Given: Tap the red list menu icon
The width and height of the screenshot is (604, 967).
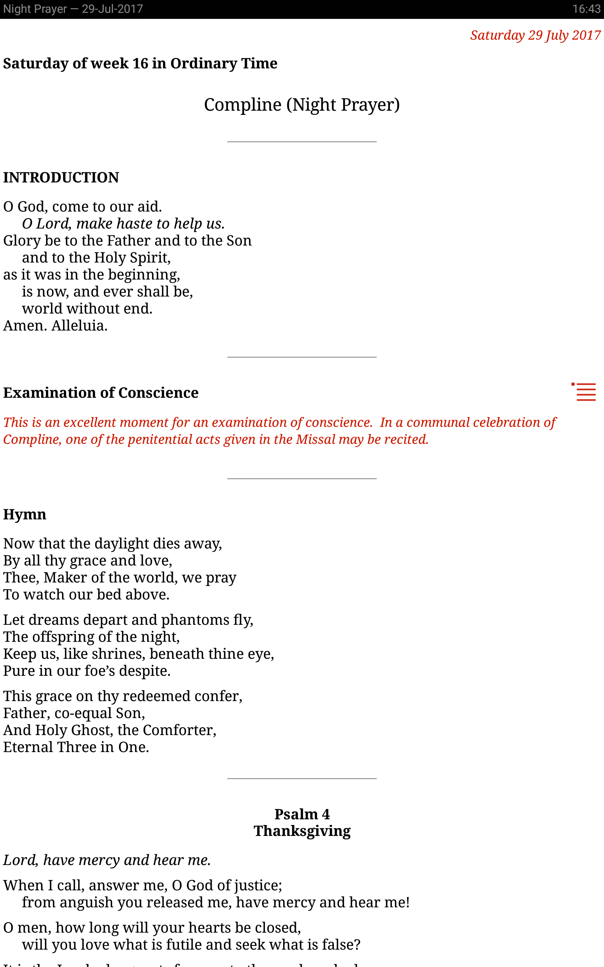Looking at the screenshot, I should click(584, 392).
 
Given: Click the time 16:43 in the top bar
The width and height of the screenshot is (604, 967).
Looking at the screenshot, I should click(586, 9).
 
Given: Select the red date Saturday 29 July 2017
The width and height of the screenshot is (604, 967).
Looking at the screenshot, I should click(535, 35).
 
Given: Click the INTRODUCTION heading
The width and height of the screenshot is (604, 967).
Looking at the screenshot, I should click(61, 178).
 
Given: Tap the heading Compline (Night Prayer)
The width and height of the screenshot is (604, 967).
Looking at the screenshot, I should click(302, 105).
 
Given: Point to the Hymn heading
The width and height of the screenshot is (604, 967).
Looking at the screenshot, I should click(25, 514).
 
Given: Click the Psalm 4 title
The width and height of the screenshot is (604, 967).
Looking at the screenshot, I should click(302, 814).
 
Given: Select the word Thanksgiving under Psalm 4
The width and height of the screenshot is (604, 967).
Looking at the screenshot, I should click(302, 831).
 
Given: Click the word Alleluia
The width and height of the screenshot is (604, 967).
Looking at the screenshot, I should click(79, 326).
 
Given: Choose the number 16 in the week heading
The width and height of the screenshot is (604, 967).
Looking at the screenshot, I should click(140, 63).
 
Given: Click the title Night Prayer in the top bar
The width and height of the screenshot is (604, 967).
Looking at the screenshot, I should click(35, 9).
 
